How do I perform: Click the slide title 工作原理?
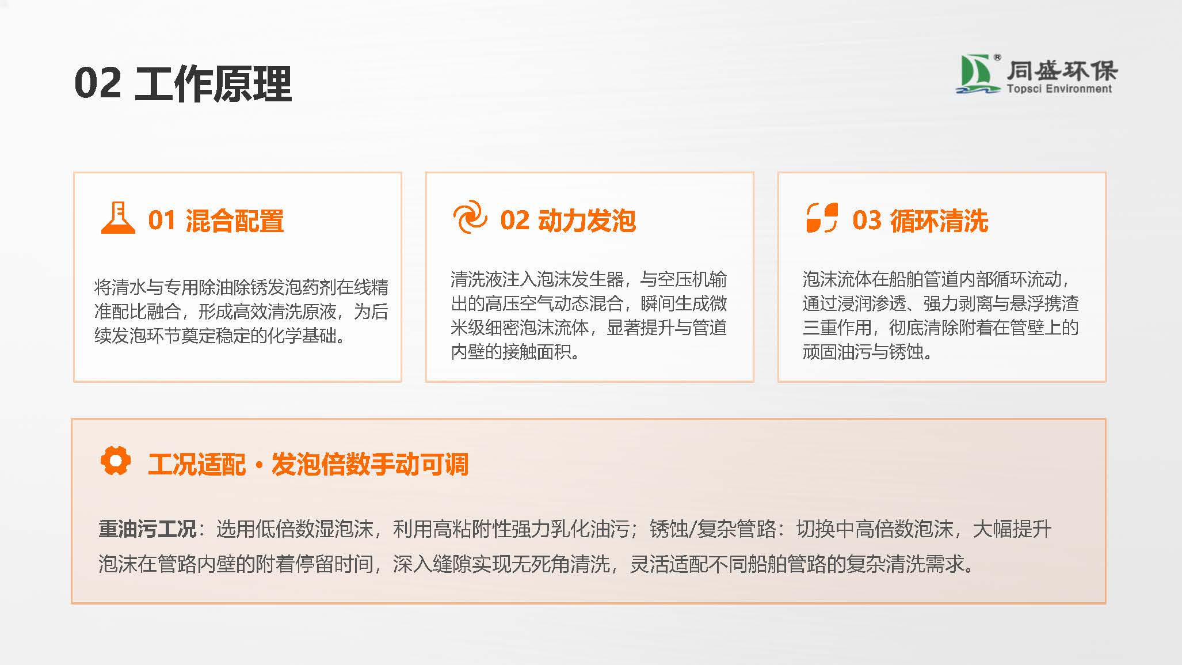[213, 84]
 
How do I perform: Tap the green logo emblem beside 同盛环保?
[977, 74]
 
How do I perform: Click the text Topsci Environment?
[1059, 89]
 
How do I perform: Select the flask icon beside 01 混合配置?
[118, 218]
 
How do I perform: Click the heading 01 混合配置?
[216, 221]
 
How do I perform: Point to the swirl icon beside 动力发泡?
[470, 217]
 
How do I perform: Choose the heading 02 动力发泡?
[568, 221]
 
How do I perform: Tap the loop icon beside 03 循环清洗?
[822, 218]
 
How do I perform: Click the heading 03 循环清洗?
[920, 221]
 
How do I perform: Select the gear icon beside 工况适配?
[116, 461]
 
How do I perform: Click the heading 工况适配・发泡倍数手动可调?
[308, 464]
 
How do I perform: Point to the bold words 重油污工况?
[147, 529]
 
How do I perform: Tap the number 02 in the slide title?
[98, 84]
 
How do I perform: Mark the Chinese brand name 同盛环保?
[1062, 70]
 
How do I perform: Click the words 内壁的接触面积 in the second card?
[511, 351]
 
